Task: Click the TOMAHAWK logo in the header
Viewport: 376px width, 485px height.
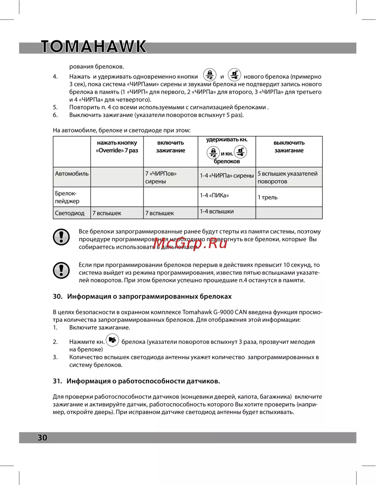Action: click(94, 47)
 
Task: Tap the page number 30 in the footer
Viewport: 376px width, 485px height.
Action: click(42, 437)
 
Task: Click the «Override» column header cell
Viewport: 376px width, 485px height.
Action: click(117, 147)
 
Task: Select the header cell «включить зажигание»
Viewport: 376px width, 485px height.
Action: click(170, 147)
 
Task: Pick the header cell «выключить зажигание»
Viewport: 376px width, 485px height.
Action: click(289, 147)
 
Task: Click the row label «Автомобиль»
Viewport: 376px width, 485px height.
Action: click(72, 174)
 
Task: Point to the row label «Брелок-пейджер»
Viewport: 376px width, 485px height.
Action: click(67, 197)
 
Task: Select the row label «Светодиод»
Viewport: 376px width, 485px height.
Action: click(70, 213)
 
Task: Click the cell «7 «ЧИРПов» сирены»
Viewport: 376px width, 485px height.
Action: click(161, 177)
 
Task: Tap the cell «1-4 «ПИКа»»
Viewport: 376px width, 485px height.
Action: click(214, 196)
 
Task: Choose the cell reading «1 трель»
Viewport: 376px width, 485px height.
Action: click(268, 197)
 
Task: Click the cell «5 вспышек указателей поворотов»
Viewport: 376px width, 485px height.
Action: click(288, 177)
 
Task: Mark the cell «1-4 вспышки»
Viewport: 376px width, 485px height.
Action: click(217, 211)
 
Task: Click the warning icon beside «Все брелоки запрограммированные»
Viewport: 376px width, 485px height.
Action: click(61, 237)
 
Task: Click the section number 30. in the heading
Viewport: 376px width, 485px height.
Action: click(58, 296)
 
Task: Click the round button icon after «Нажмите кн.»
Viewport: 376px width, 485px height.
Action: click(112, 340)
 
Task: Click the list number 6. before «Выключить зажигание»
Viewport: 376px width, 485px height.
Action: click(55, 115)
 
